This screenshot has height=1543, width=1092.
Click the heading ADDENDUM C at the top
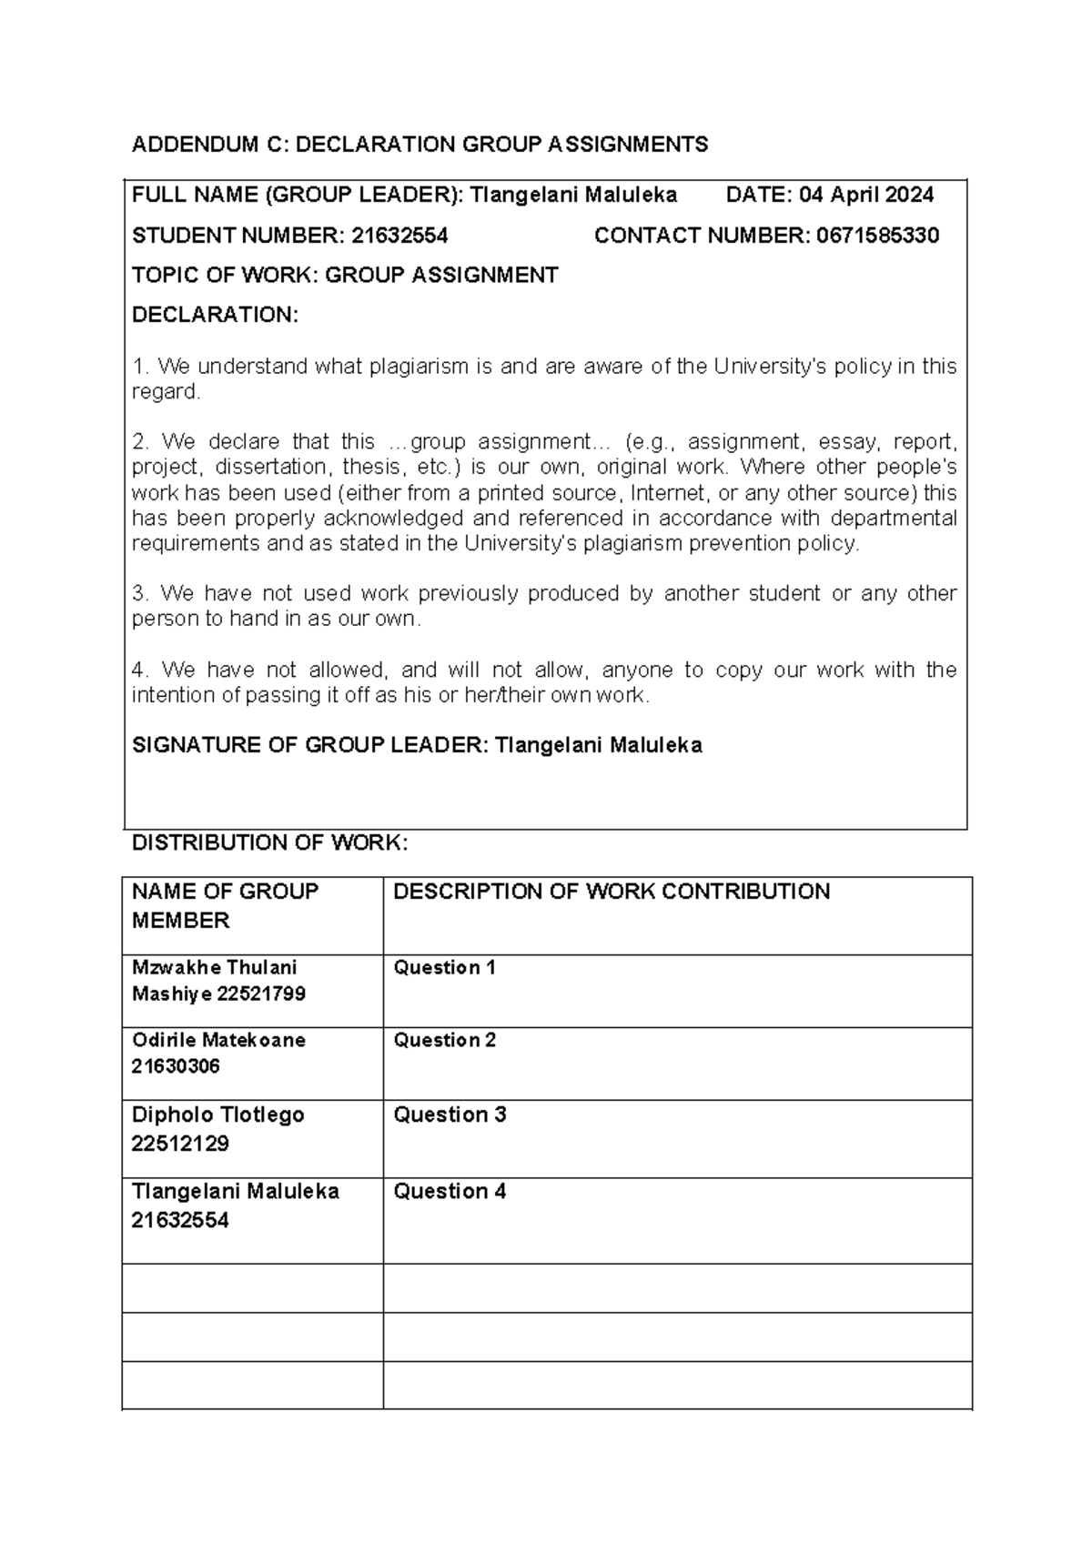420,145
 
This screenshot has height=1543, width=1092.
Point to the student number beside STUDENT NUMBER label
399,237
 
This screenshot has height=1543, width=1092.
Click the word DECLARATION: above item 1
215,316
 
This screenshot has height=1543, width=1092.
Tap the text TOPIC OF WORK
223,276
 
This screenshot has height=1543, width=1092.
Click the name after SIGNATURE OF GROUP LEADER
598,746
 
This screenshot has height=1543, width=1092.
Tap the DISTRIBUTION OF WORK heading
269,843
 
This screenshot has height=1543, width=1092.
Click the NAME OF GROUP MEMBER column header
225,905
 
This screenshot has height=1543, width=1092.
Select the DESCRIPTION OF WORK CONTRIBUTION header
611,892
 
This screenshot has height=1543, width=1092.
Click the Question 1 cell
444,968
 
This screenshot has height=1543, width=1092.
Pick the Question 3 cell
449,1115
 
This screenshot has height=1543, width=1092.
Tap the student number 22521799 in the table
261,994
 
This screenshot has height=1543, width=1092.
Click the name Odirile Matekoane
218,1041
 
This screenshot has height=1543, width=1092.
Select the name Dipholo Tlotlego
217,1115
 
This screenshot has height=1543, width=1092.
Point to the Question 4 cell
449,1192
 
